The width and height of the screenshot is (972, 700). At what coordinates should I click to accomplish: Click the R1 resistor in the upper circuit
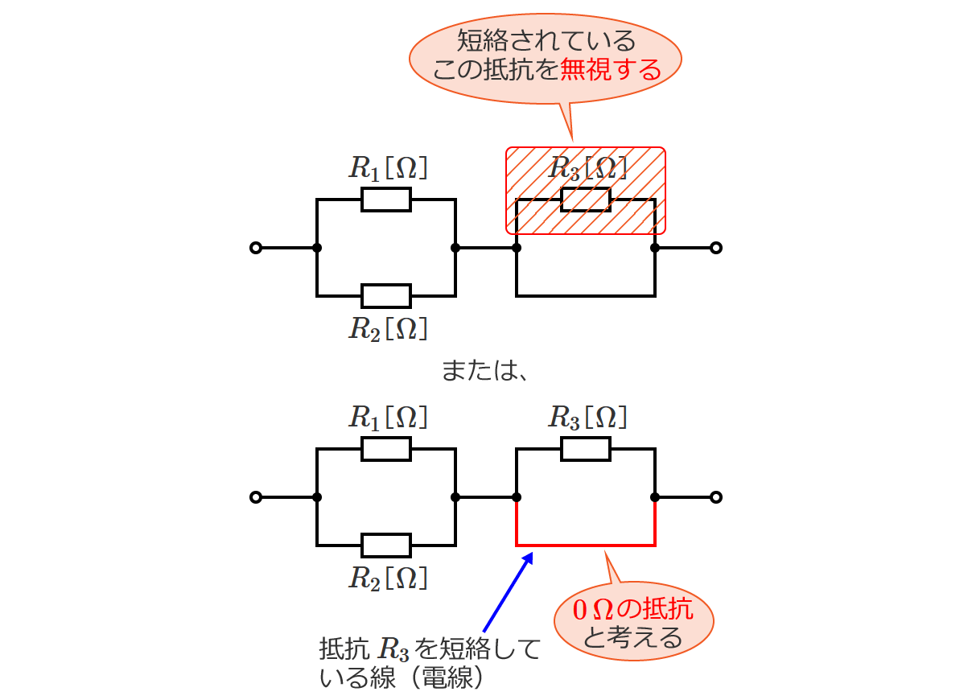pos(386,199)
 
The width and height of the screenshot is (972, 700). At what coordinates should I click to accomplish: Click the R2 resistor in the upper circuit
pos(386,295)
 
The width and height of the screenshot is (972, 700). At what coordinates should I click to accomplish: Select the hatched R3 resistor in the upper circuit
pos(586,199)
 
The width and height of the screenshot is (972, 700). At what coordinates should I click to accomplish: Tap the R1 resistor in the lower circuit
pos(386,448)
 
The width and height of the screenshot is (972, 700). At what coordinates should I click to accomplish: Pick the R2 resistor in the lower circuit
pos(386,545)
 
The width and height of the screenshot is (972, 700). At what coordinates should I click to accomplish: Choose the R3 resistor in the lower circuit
pos(586,448)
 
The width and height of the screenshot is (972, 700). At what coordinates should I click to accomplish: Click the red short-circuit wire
pos(586,546)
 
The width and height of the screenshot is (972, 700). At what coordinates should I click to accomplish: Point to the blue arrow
pos(507,591)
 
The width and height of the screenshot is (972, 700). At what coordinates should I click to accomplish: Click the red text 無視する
pos(610,70)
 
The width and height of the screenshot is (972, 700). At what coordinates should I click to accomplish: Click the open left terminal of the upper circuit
pos(256,248)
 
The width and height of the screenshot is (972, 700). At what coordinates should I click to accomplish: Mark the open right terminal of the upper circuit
pos(716,248)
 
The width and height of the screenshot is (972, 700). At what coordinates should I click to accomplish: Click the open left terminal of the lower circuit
pos(256,497)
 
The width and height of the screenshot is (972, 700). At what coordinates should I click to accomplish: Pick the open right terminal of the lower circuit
pos(716,497)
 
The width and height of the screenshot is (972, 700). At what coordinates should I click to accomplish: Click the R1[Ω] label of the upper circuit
pos(387,167)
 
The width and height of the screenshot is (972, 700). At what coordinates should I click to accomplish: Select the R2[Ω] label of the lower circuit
pos(387,578)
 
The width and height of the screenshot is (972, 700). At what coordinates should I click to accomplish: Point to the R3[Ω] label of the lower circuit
pos(587,417)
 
